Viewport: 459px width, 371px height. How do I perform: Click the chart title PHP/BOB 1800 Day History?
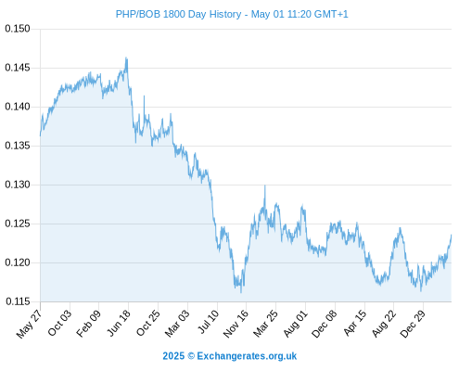tap(178, 14)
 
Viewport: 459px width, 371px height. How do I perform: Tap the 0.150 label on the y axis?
tap(18, 29)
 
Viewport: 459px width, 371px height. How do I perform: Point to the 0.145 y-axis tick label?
tap(18, 68)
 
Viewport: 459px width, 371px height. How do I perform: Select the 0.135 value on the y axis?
tap(18, 146)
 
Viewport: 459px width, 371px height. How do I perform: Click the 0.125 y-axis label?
tap(18, 224)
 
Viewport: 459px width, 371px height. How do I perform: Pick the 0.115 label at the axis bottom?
tap(18, 301)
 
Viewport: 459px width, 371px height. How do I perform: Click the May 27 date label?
tap(29, 324)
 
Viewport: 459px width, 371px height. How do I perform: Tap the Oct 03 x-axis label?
tap(59, 323)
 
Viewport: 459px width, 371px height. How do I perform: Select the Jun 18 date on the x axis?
tap(118, 323)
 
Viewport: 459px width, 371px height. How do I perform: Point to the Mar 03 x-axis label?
tap(177, 323)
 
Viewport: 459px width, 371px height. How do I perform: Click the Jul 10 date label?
tap(208, 322)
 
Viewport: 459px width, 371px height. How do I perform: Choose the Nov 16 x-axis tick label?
tap(236, 324)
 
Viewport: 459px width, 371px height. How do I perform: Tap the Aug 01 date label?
tap(296, 323)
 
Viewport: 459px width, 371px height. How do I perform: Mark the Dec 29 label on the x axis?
tap(413, 324)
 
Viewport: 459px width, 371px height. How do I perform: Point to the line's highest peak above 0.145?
tap(126, 58)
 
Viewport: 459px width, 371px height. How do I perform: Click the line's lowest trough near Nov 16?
tap(241, 292)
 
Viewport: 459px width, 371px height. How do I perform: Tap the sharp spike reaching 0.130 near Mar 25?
tap(265, 185)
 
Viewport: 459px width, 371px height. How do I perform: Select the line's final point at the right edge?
tap(452, 235)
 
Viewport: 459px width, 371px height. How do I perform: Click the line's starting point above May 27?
tap(40, 135)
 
